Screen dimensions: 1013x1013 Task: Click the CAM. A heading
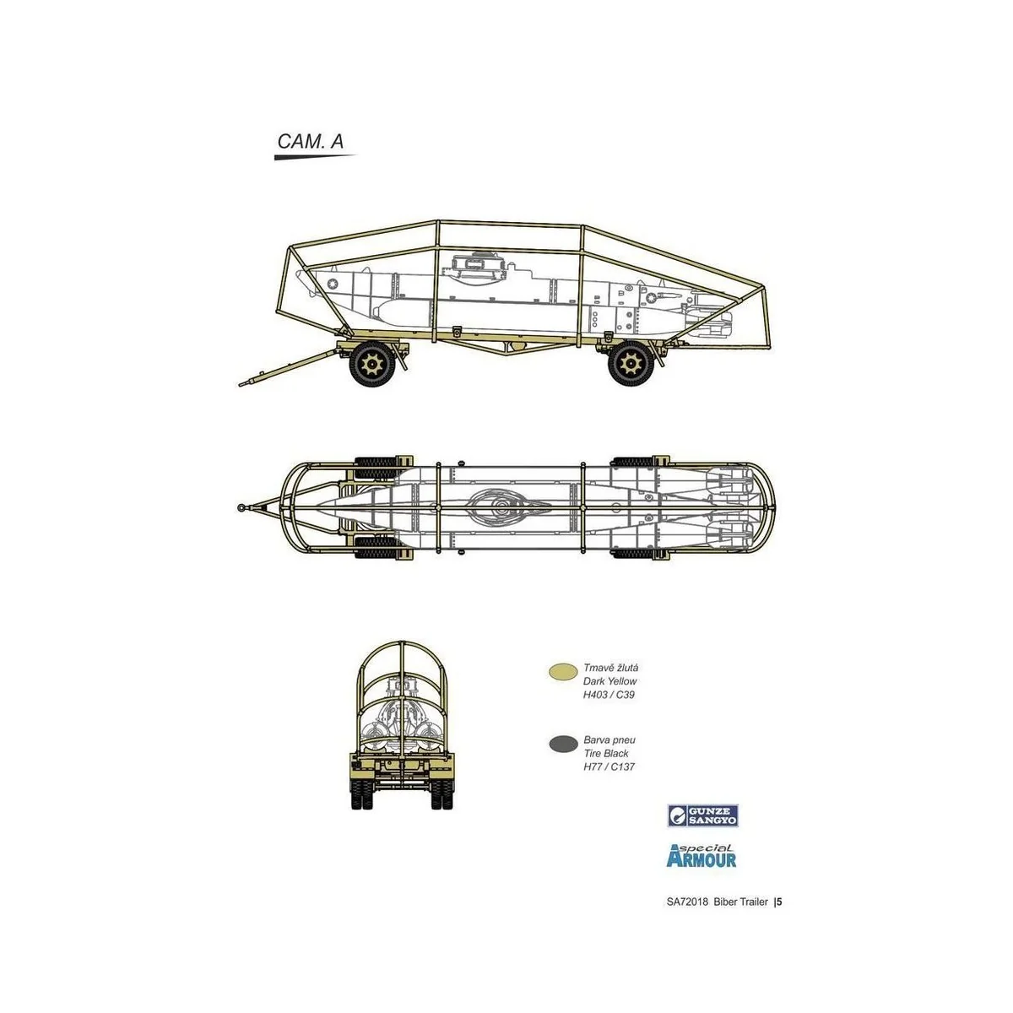pyautogui.click(x=310, y=142)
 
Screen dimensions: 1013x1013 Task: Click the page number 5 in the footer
pyautogui.click(x=780, y=902)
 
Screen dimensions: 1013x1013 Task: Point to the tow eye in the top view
pyautogui.click(x=243, y=507)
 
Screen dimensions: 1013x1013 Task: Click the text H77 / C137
pyautogui.click(x=609, y=767)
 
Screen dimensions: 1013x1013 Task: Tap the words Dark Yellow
pyautogui.click(x=610, y=680)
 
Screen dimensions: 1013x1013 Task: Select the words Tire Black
pyautogui.click(x=606, y=753)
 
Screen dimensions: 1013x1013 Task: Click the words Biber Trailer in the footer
pyautogui.click(x=739, y=902)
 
